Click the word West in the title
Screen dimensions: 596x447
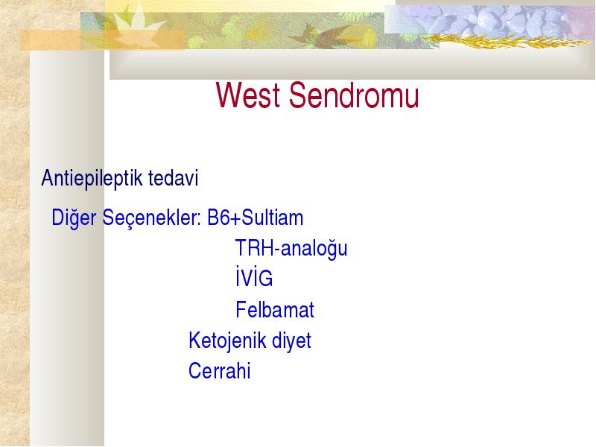(x=248, y=95)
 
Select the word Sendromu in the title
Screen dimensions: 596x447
(x=354, y=95)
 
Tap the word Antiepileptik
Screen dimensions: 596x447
(x=92, y=178)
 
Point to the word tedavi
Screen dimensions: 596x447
(x=174, y=178)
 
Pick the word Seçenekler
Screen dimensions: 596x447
(x=151, y=218)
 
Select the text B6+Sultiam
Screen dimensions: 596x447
(x=255, y=218)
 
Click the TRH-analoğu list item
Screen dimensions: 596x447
(x=291, y=249)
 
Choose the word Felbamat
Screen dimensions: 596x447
(x=275, y=309)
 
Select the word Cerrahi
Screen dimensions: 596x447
(x=219, y=370)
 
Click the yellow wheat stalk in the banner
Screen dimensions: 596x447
(x=506, y=41)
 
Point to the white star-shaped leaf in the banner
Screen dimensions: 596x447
(x=137, y=28)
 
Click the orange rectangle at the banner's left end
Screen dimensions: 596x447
(x=102, y=40)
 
